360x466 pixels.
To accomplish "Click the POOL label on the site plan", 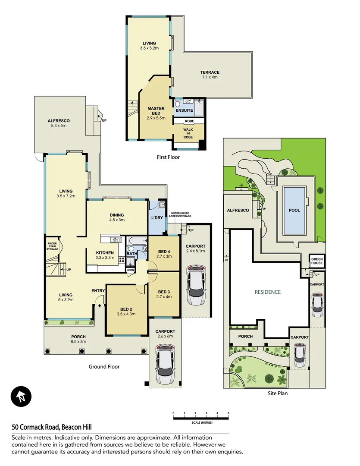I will click(x=294, y=211).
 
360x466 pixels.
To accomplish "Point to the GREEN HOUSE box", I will click(x=317, y=261).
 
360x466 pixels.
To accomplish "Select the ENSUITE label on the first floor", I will click(x=184, y=110).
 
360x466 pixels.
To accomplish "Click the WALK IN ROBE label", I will click(x=188, y=133).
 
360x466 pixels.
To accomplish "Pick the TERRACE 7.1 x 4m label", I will click(x=210, y=75).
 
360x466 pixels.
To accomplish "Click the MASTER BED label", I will click(x=156, y=113).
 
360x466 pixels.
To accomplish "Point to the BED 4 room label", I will click(x=164, y=254).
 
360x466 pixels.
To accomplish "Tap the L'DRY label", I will click(x=157, y=217).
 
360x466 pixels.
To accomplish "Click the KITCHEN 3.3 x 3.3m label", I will click(x=105, y=255).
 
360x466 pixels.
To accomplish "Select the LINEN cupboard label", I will click(x=130, y=270).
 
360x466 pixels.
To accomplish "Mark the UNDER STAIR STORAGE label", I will click(x=52, y=246).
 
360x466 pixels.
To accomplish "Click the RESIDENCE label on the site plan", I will click(x=267, y=292).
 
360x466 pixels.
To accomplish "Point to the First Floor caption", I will click(x=168, y=157).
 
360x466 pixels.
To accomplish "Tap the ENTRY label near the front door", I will click(x=98, y=291).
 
